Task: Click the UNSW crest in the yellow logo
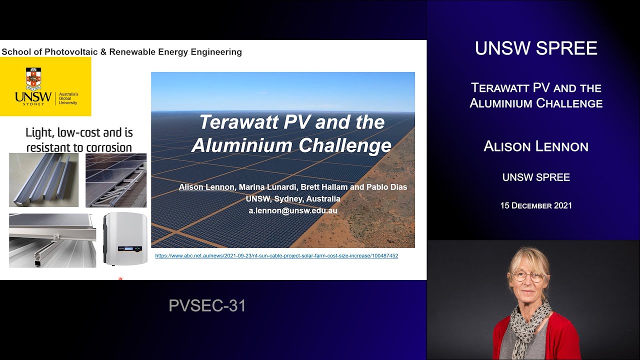33,79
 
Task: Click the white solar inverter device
125,239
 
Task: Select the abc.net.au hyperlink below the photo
276,256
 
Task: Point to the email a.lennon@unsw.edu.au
293,211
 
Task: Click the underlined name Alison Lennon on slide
206,187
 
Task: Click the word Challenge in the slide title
342,145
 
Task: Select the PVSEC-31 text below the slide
207,305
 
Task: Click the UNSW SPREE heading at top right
536,48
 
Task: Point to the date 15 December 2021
536,205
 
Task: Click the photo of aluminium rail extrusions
44,180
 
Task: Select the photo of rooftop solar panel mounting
116,180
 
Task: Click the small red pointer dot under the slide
120,279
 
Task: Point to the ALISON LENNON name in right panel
536,146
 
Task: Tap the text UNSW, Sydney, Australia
293,199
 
